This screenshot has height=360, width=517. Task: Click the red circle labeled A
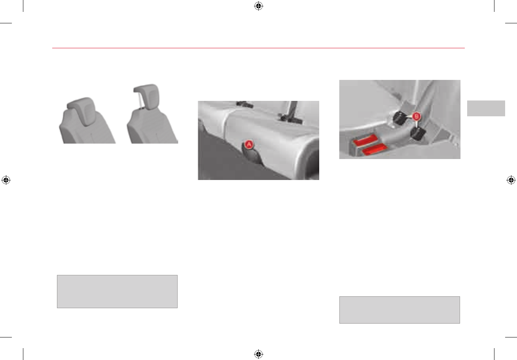(x=249, y=145)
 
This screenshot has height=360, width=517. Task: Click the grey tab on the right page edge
(x=486, y=108)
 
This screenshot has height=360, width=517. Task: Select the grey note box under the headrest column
(x=117, y=292)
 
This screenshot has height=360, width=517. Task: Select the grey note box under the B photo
(x=399, y=310)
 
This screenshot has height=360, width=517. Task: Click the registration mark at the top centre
(x=258, y=6)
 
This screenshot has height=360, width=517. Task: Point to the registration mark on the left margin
(x=6, y=180)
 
